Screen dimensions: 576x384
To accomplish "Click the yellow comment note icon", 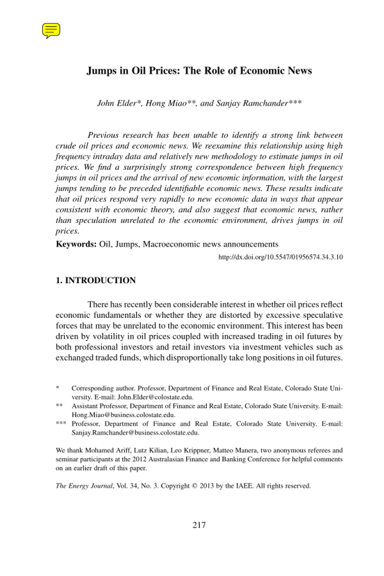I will [x=51, y=30].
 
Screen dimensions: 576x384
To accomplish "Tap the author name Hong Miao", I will [x=166, y=103].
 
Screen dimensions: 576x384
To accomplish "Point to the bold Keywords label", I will [x=76, y=245].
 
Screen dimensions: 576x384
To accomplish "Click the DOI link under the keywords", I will [x=280, y=257].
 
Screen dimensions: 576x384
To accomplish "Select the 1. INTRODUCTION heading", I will [x=96, y=280].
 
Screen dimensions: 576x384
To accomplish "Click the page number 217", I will [x=199, y=525].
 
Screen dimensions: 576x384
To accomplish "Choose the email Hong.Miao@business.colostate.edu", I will [x=123, y=415].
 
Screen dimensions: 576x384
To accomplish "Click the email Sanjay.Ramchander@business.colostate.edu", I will [x=135, y=433].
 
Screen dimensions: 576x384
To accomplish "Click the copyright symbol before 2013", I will [x=194, y=486].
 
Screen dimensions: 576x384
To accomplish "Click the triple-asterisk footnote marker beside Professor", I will [x=61, y=424].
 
